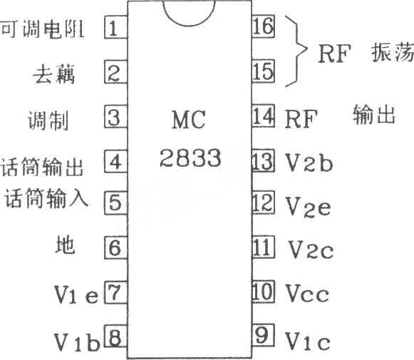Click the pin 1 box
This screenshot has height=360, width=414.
point(116,27)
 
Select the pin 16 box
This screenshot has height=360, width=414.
point(263,26)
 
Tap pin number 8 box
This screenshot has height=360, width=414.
point(116,336)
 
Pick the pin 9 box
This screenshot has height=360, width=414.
point(263,335)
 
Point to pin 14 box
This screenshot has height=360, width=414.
point(263,116)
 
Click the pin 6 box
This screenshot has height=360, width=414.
point(116,247)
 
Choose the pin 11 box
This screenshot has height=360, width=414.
point(263,247)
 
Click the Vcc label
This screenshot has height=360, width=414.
point(308,293)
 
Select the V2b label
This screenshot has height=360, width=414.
point(309,163)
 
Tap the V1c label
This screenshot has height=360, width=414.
point(308,341)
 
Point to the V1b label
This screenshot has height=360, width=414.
point(77,342)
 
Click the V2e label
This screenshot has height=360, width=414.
point(309,207)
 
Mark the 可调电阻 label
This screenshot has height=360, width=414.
point(43,29)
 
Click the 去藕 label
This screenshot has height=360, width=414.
point(54,74)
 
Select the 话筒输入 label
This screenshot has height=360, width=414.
point(46,198)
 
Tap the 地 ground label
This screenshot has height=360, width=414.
point(66,245)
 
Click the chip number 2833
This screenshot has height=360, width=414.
point(190,158)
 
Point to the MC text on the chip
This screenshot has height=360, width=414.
point(189,120)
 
